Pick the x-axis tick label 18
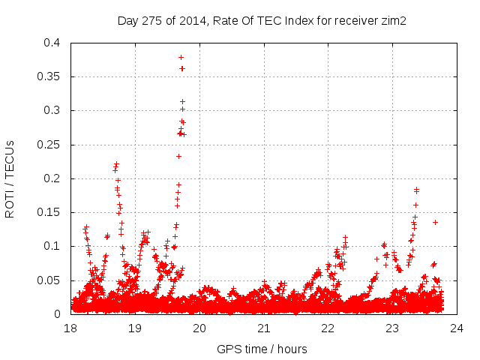[70, 328]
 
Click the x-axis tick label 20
[199, 328]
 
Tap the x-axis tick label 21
[264, 328]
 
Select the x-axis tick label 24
[457, 328]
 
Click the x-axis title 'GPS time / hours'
[262, 349]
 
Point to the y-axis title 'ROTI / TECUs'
[10, 178]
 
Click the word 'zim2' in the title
[394, 20]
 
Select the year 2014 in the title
[192, 20]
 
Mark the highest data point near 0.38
[181, 57]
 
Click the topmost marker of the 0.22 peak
[117, 163]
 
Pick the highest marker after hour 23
[416, 190]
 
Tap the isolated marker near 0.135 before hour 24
[435, 222]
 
